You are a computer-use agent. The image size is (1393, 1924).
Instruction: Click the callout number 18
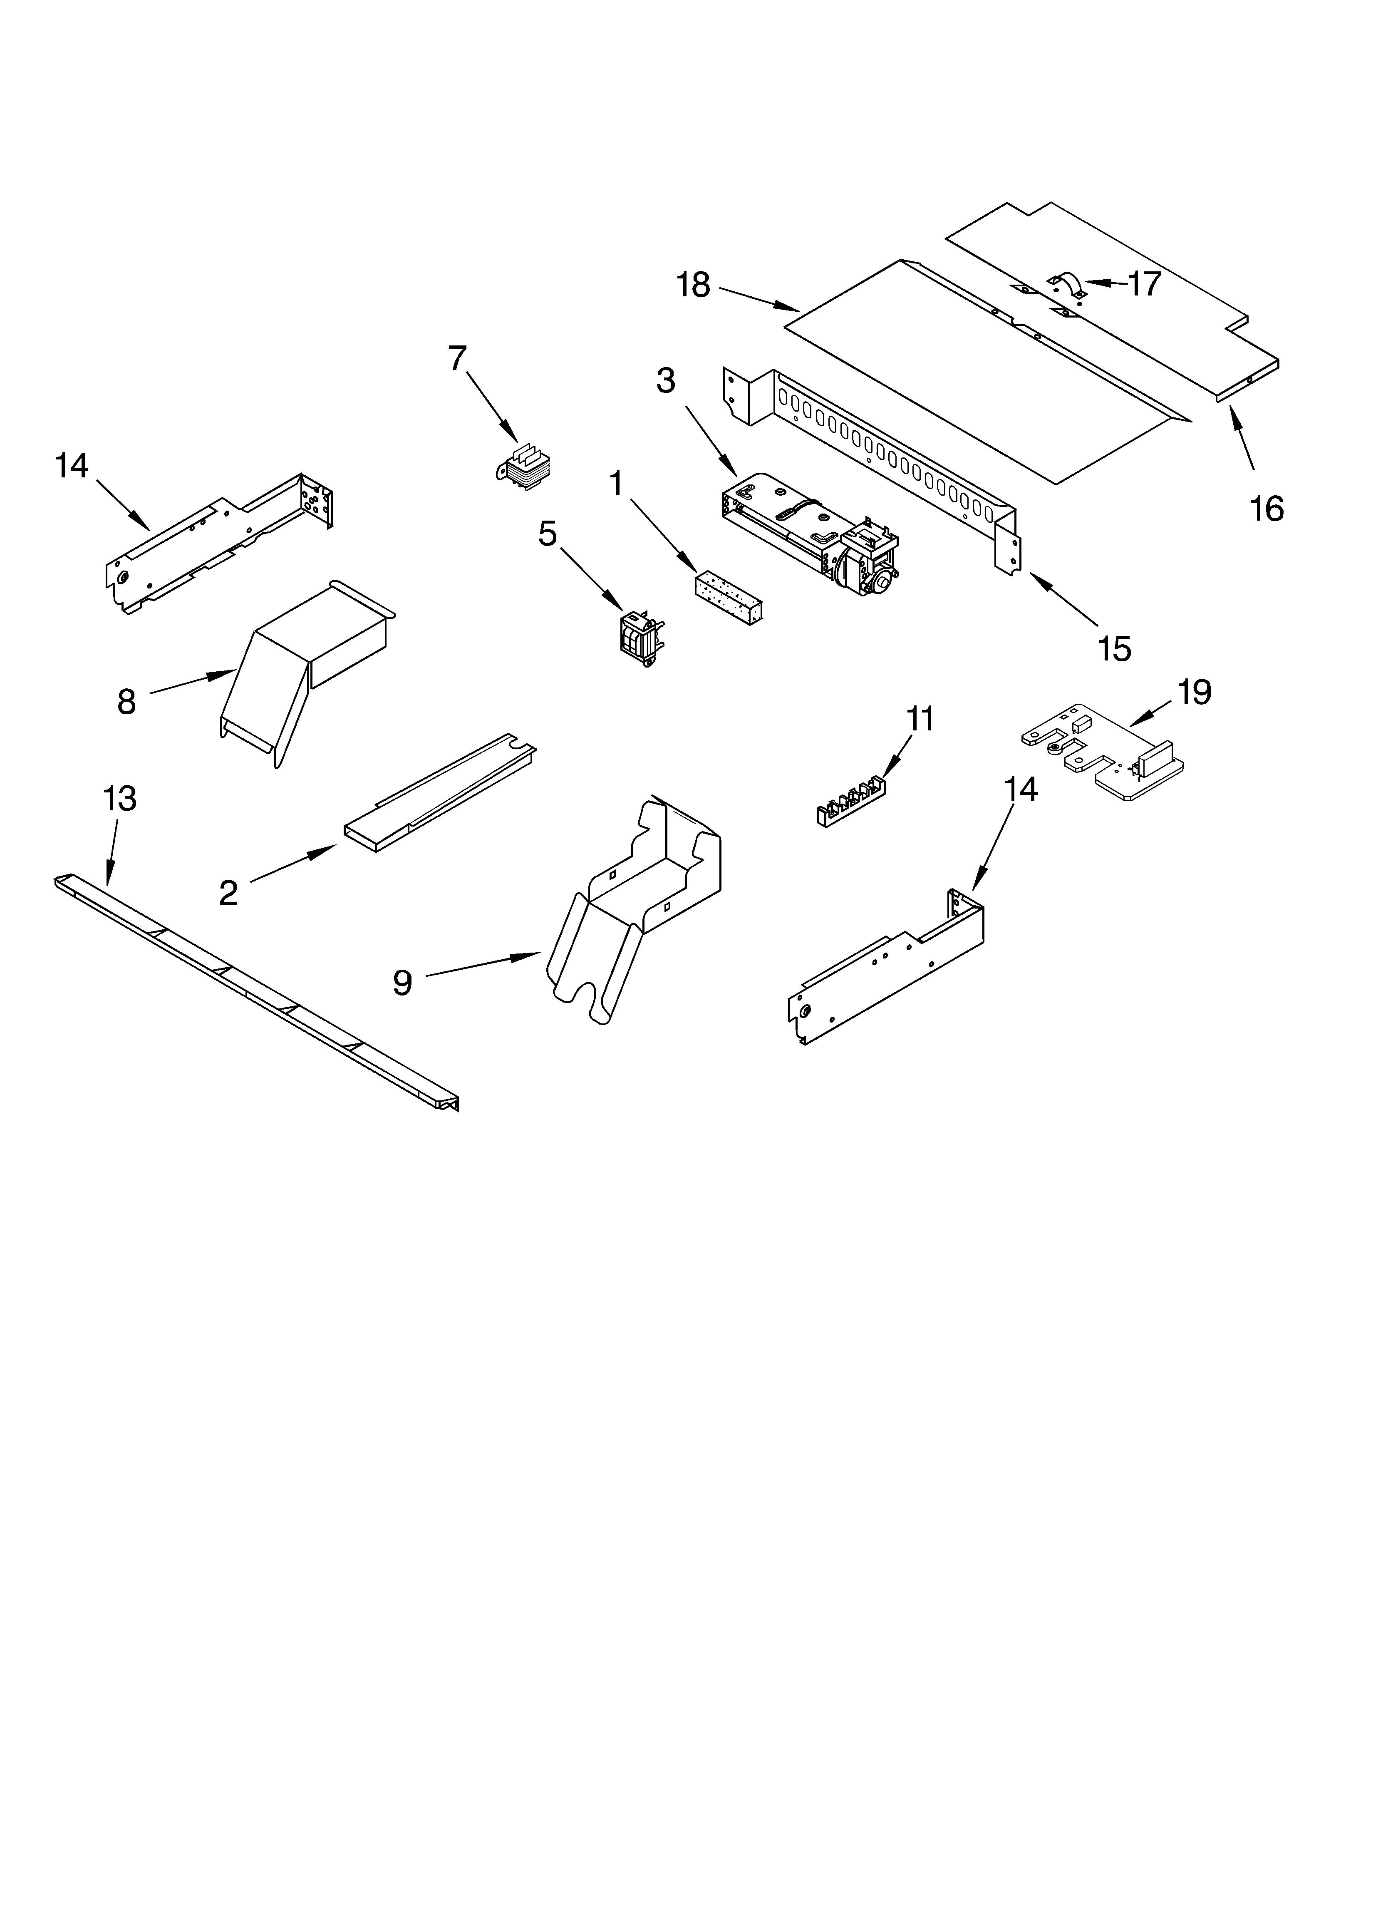coord(693,286)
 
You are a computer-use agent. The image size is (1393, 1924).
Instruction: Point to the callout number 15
coord(1114,649)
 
